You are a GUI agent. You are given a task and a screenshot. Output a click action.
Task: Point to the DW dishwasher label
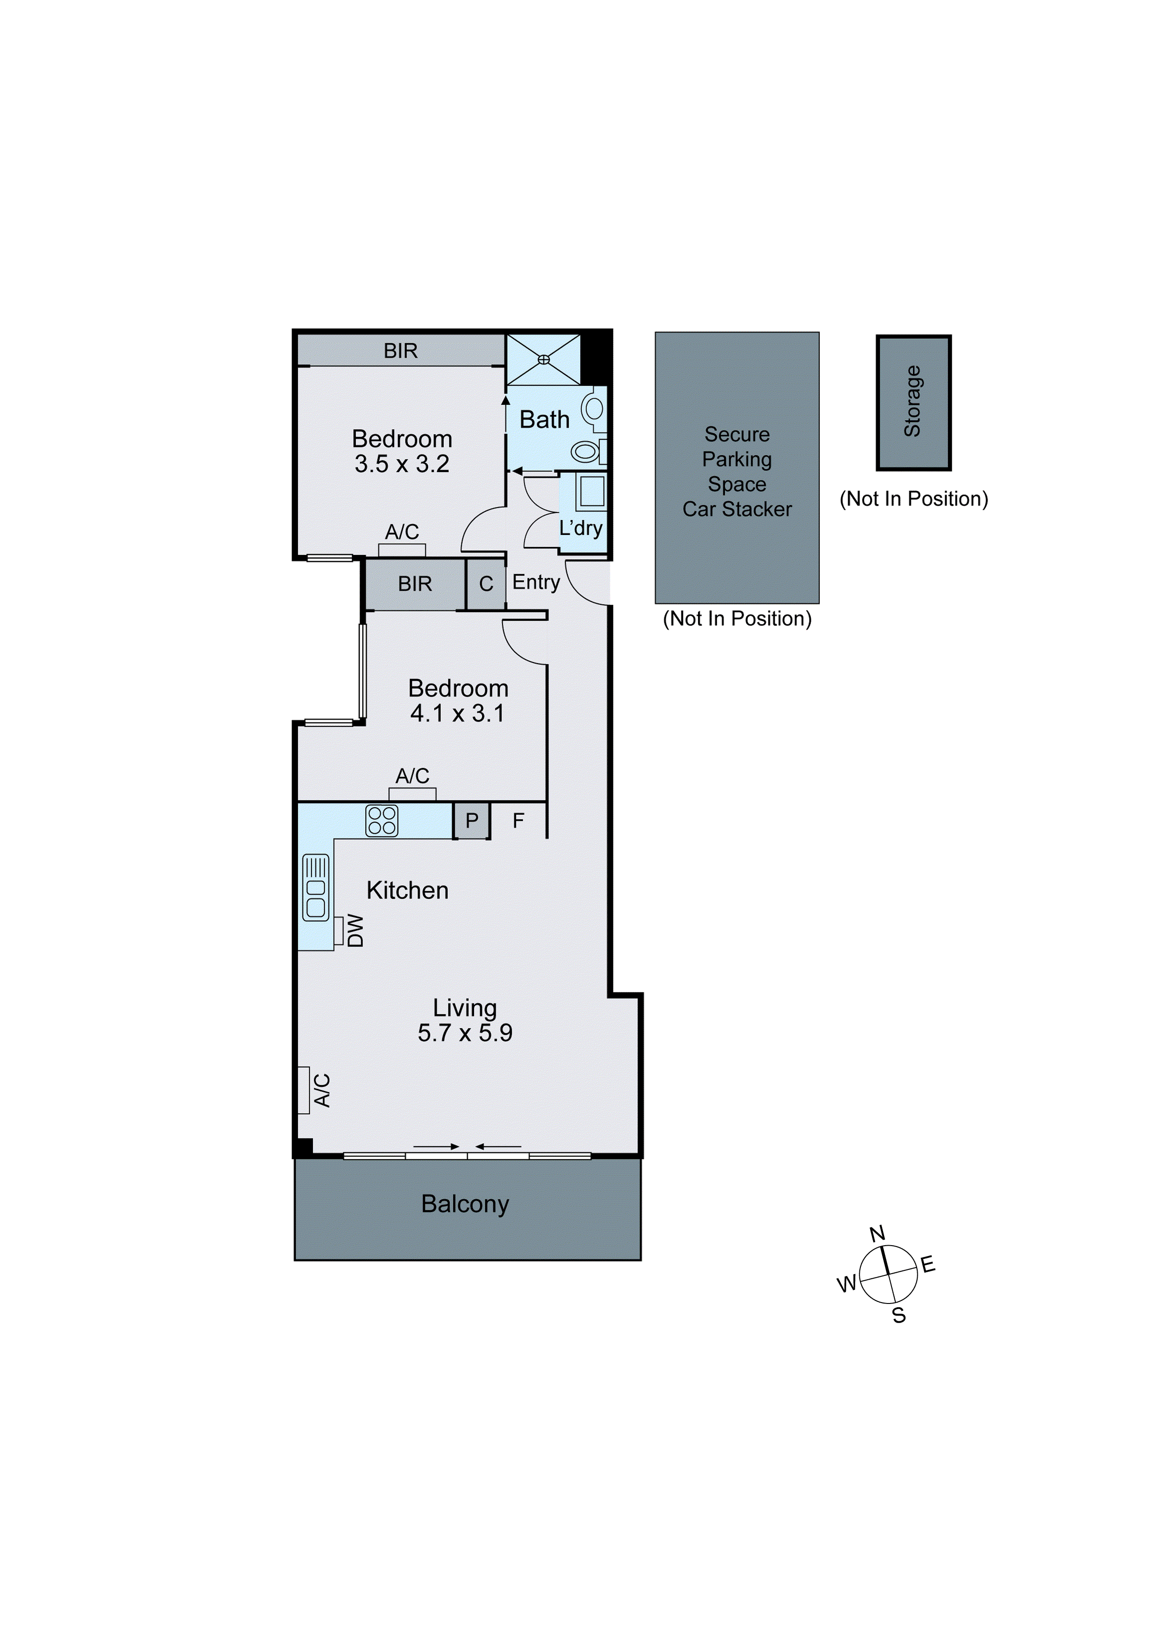point(355,930)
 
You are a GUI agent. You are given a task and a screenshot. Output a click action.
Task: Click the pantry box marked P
point(472,821)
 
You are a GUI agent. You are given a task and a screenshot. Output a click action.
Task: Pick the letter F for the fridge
point(518,821)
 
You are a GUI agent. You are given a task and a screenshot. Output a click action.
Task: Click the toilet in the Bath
point(586,451)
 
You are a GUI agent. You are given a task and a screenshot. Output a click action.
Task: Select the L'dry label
point(580,528)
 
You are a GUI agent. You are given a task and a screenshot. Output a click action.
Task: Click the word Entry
point(536,582)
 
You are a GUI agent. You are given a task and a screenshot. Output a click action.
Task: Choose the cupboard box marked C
point(486,584)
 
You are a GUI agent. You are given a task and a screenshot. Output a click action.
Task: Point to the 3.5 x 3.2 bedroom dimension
point(402,464)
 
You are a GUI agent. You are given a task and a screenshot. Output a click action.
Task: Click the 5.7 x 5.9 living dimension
point(465,1033)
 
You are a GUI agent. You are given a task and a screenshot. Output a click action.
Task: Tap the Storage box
point(913,402)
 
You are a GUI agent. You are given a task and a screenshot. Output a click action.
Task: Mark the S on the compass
point(899,1315)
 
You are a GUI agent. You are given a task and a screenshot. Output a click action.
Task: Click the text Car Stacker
point(737,509)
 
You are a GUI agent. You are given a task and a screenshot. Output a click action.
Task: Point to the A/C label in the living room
point(322,1090)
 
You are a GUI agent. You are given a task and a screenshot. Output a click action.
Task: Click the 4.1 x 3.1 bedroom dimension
point(458,713)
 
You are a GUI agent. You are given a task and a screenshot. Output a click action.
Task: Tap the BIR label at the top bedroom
point(401,351)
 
